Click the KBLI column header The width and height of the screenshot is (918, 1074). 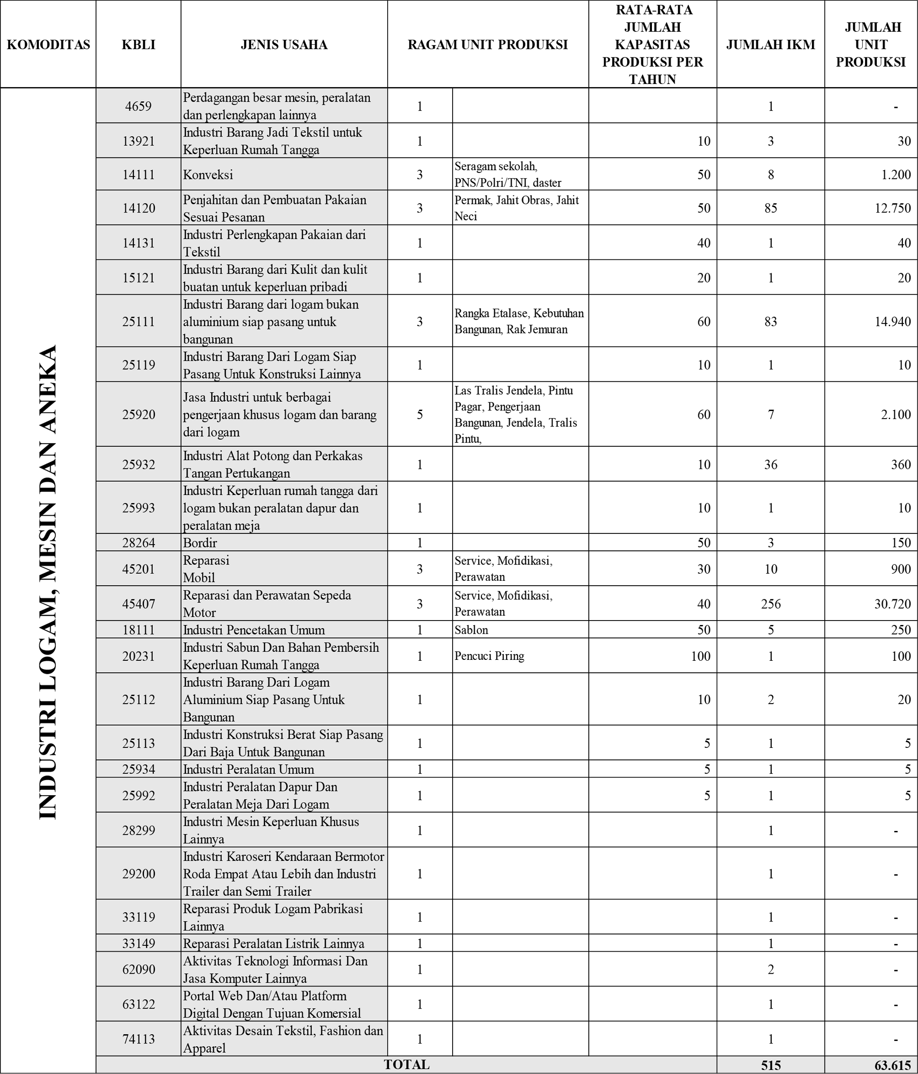[138, 45]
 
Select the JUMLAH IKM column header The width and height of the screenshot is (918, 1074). [770, 45]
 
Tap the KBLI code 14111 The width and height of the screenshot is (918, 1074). [138, 175]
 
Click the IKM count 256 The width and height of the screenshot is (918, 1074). [770, 604]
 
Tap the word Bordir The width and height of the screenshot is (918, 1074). [200, 543]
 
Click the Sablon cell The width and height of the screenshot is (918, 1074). [471, 630]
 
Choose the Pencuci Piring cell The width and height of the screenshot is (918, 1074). [489, 656]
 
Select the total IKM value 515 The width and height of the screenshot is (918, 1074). [770, 1065]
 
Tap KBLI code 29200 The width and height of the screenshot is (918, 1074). [138, 874]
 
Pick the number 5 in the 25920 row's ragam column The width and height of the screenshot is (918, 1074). [420, 415]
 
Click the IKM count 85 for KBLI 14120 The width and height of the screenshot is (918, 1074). [770, 208]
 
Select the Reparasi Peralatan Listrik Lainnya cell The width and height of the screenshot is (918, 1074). [274, 943]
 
